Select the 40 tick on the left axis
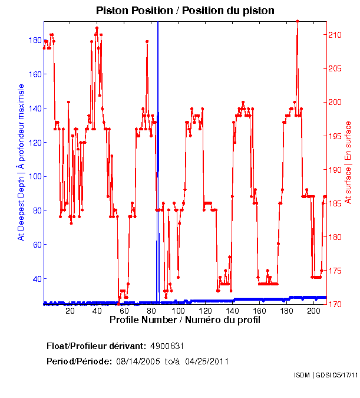coord(37,279)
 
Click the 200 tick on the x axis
coord(313,311)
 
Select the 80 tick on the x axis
coord(151,311)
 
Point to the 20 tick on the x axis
coord(70,311)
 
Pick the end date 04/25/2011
coord(207,361)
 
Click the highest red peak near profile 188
coord(297,21)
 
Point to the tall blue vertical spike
coord(158,118)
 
